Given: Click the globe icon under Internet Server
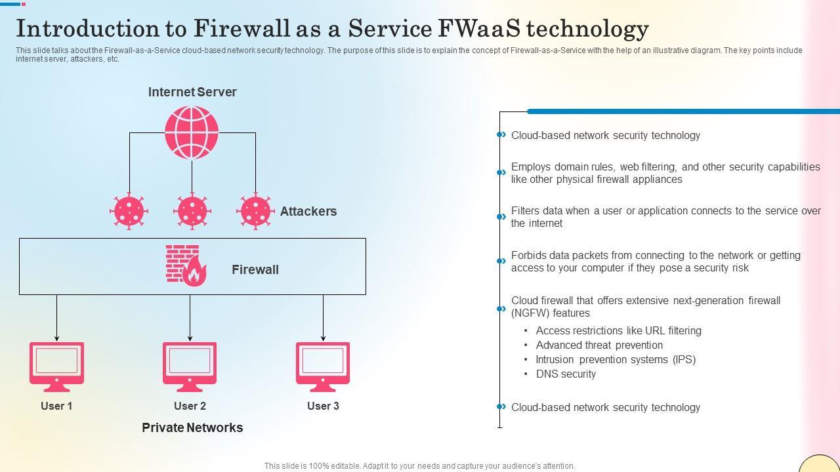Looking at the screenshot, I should [192, 132].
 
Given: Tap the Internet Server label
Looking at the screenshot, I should [192, 92].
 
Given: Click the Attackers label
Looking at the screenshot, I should [308, 211].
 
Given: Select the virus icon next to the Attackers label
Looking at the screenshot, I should [255, 211].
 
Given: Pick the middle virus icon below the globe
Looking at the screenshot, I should [192, 211].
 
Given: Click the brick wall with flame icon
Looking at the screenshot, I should [186, 265].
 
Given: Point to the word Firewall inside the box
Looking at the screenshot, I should [255, 269].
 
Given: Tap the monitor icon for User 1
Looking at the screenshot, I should [56, 365].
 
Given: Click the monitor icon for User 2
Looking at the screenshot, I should [190, 365].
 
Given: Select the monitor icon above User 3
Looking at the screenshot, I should [323, 365].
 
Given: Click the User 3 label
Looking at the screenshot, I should [323, 406].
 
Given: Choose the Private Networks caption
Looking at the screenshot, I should [192, 427].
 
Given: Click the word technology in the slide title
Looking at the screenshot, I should [588, 29].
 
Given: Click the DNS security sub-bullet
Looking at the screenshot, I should [566, 374].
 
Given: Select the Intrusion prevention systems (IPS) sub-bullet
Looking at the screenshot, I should [616, 359].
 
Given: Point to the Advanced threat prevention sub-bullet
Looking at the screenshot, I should [599, 345].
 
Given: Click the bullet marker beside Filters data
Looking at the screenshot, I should [501, 216].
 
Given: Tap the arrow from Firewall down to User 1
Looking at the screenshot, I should [56, 318].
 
